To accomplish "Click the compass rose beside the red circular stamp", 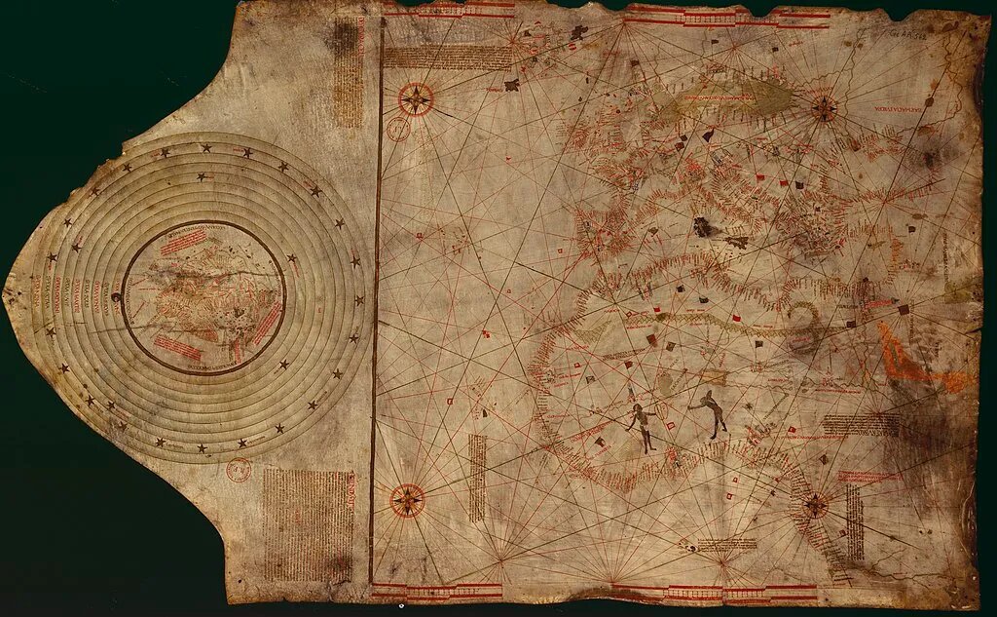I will [x=416, y=98].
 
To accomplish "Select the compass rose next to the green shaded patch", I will [x=824, y=108].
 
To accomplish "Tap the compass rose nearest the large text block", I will [x=407, y=500].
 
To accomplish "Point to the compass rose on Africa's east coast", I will [x=815, y=505].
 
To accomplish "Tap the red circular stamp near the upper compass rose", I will [x=398, y=129].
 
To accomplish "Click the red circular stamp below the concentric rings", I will [x=238, y=471].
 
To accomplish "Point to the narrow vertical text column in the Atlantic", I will [x=476, y=477].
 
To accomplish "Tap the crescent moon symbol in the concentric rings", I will [x=117, y=298].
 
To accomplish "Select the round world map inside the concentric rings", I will [x=203, y=296].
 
